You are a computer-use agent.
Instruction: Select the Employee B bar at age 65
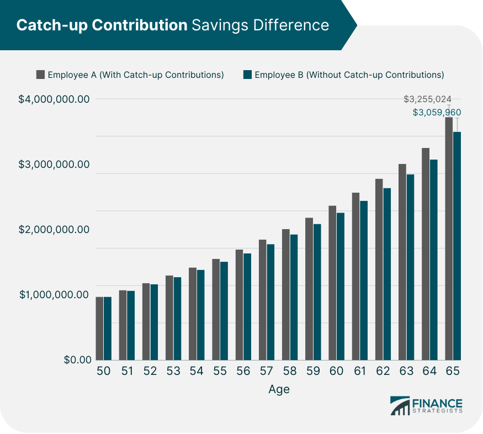tap(457, 246)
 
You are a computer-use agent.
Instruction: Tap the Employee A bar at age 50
tap(99, 328)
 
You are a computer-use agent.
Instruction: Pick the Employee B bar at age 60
tap(341, 286)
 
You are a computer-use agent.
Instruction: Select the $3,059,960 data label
tap(437, 112)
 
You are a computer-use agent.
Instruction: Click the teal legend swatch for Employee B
tap(247, 75)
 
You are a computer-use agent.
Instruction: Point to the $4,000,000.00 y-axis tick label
tap(54, 99)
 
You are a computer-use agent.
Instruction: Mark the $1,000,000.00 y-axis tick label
tap(54, 295)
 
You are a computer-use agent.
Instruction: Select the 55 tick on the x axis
tap(220, 372)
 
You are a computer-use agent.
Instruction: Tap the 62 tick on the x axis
tap(383, 372)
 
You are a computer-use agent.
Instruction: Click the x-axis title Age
tap(279, 389)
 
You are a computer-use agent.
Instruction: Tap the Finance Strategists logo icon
tap(400, 406)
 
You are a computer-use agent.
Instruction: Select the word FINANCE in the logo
tap(437, 402)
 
